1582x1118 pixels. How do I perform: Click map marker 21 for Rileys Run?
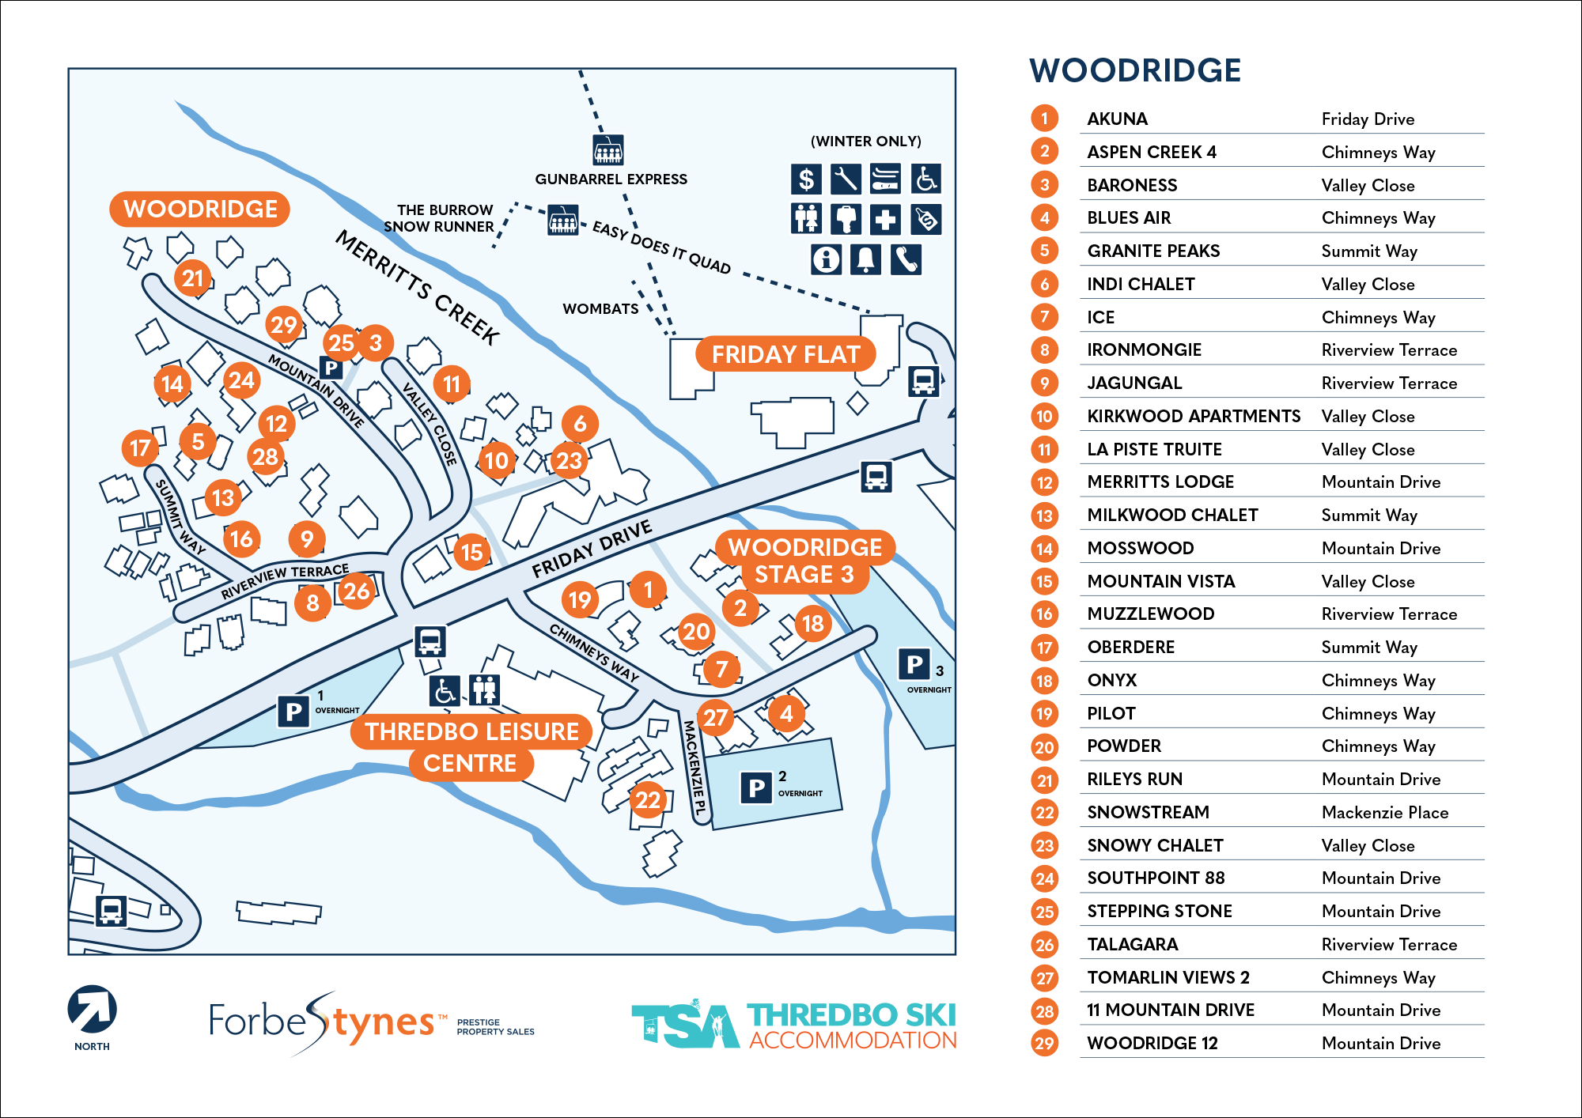[193, 278]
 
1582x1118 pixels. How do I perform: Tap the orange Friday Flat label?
[785, 354]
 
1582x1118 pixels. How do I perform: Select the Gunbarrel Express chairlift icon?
[608, 149]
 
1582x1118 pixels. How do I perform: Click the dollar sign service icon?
[806, 179]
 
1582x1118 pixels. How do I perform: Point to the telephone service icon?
[906, 259]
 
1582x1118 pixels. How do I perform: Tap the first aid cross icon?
[885, 219]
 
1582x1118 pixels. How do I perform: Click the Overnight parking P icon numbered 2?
[756, 788]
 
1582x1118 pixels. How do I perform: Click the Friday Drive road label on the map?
[592, 549]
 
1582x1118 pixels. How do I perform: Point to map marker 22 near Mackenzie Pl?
[648, 800]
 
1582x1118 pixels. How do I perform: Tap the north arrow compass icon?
[92, 1010]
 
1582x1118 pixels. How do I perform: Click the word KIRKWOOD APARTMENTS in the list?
[1193, 416]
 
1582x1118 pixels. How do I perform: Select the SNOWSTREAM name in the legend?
[1148, 812]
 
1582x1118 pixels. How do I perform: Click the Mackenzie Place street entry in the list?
[1384, 812]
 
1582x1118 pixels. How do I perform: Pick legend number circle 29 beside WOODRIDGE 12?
[1044, 1043]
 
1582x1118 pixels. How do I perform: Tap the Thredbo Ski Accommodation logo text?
[851, 1026]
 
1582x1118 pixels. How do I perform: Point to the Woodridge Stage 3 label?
[804, 561]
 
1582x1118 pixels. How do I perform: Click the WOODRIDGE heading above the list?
[1134, 70]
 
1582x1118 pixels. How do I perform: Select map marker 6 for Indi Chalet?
[580, 424]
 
